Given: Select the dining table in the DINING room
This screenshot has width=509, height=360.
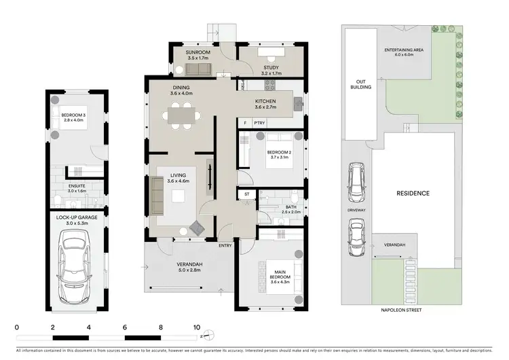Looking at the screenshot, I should click(x=181, y=117).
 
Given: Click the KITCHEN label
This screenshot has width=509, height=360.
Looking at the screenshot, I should click(x=266, y=103).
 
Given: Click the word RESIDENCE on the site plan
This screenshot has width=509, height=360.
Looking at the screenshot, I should click(x=413, y=194).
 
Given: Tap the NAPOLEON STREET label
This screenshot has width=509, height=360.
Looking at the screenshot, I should click(x=400, y=310).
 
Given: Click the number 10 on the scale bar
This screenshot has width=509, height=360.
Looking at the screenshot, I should click(x=197, y=327).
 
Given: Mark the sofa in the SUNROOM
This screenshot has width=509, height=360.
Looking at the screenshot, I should click(x=200, y=68).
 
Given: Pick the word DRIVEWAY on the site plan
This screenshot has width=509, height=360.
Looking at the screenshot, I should click(x=356, y=211).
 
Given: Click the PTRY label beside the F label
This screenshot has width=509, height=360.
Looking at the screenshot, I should click(x=259, y=123).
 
